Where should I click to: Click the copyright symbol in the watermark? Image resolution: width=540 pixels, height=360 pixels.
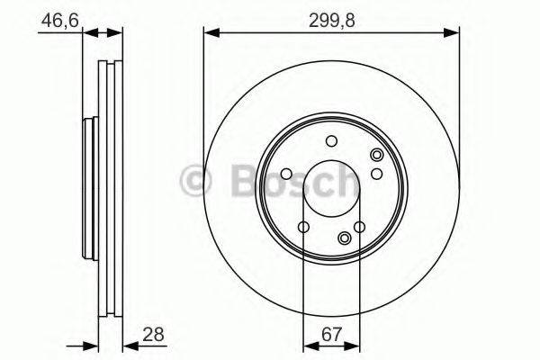pos(195,182)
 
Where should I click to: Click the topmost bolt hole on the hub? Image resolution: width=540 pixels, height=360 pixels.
pos(331,140)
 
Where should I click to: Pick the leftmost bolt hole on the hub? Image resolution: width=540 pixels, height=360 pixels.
pos(286,174)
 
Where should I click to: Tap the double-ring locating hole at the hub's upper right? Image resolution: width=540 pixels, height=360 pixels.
pos(376,157)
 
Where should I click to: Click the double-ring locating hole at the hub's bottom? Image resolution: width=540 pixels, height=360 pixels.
pos(345,238)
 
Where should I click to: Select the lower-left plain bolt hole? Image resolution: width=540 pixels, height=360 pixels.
pos(303,227)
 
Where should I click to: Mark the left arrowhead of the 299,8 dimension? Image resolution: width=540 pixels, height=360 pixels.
pos(210,33)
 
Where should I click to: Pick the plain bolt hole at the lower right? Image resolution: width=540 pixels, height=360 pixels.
pos(359,227)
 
